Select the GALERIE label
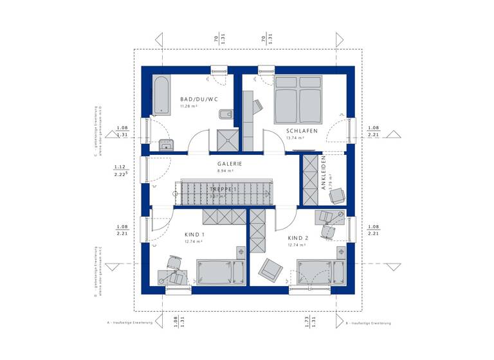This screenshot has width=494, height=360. [230, 164]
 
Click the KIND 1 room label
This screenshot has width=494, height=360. [194, 235]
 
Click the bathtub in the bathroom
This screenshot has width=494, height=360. [161, 94]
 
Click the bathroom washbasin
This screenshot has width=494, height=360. [166, 145]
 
